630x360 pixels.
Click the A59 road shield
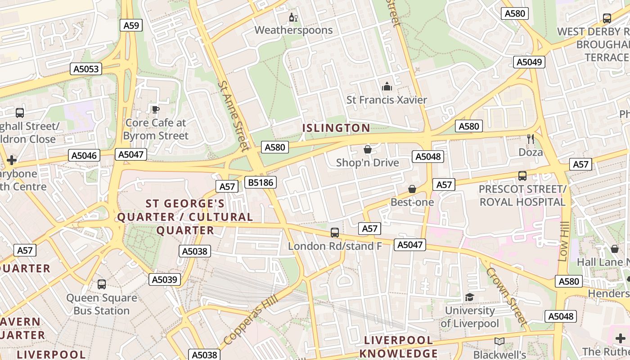click(x=131, y=25)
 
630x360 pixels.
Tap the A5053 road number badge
click(x=86, y=69)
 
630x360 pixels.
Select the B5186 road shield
click(x=261, y=182)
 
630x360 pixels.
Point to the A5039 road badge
click(x=165, y=279)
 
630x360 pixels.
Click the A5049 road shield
click(x=529, y=62)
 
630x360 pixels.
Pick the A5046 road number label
click(x=84, y=156)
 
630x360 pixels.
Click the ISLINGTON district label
click(x=336, y=128)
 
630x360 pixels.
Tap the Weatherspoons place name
click(x=293, y=30)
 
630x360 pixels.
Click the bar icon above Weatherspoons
click(x=293, y=18)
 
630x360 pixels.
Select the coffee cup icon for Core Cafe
click(x=155, y=109)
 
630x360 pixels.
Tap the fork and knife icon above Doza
click(x=531, y=139)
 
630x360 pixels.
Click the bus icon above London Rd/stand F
click(x=335, y=233)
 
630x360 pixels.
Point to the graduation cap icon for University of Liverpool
click(x=470, y=297)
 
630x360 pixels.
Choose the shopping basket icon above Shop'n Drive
click(x=368, y=149)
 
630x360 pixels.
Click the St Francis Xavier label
click(x=387, y=100)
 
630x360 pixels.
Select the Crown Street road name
click(x=506, y=297)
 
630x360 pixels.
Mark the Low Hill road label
click(x=563, y=241)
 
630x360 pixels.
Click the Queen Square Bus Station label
click(x=102, y=304)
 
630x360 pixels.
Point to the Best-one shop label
click(x=412, y=202)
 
